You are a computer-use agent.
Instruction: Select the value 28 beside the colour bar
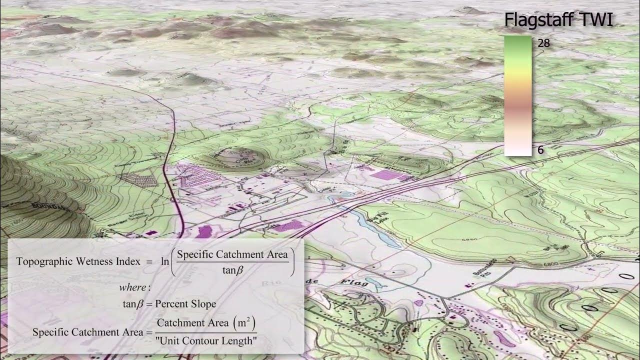click(x=543, y=43)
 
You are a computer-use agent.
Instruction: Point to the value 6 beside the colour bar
click(x=540, y=150)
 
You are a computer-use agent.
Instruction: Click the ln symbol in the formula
click(x=164, y=261)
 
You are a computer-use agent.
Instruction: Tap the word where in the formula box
click(x=134, y=287)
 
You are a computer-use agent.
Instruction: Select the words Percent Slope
click(x=185, y=303)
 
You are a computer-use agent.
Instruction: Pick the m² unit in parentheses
click(x=244, y=323)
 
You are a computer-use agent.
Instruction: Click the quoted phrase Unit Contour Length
click(x=206, y=341)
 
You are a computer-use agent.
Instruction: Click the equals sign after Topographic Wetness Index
click(x=149, y=261)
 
